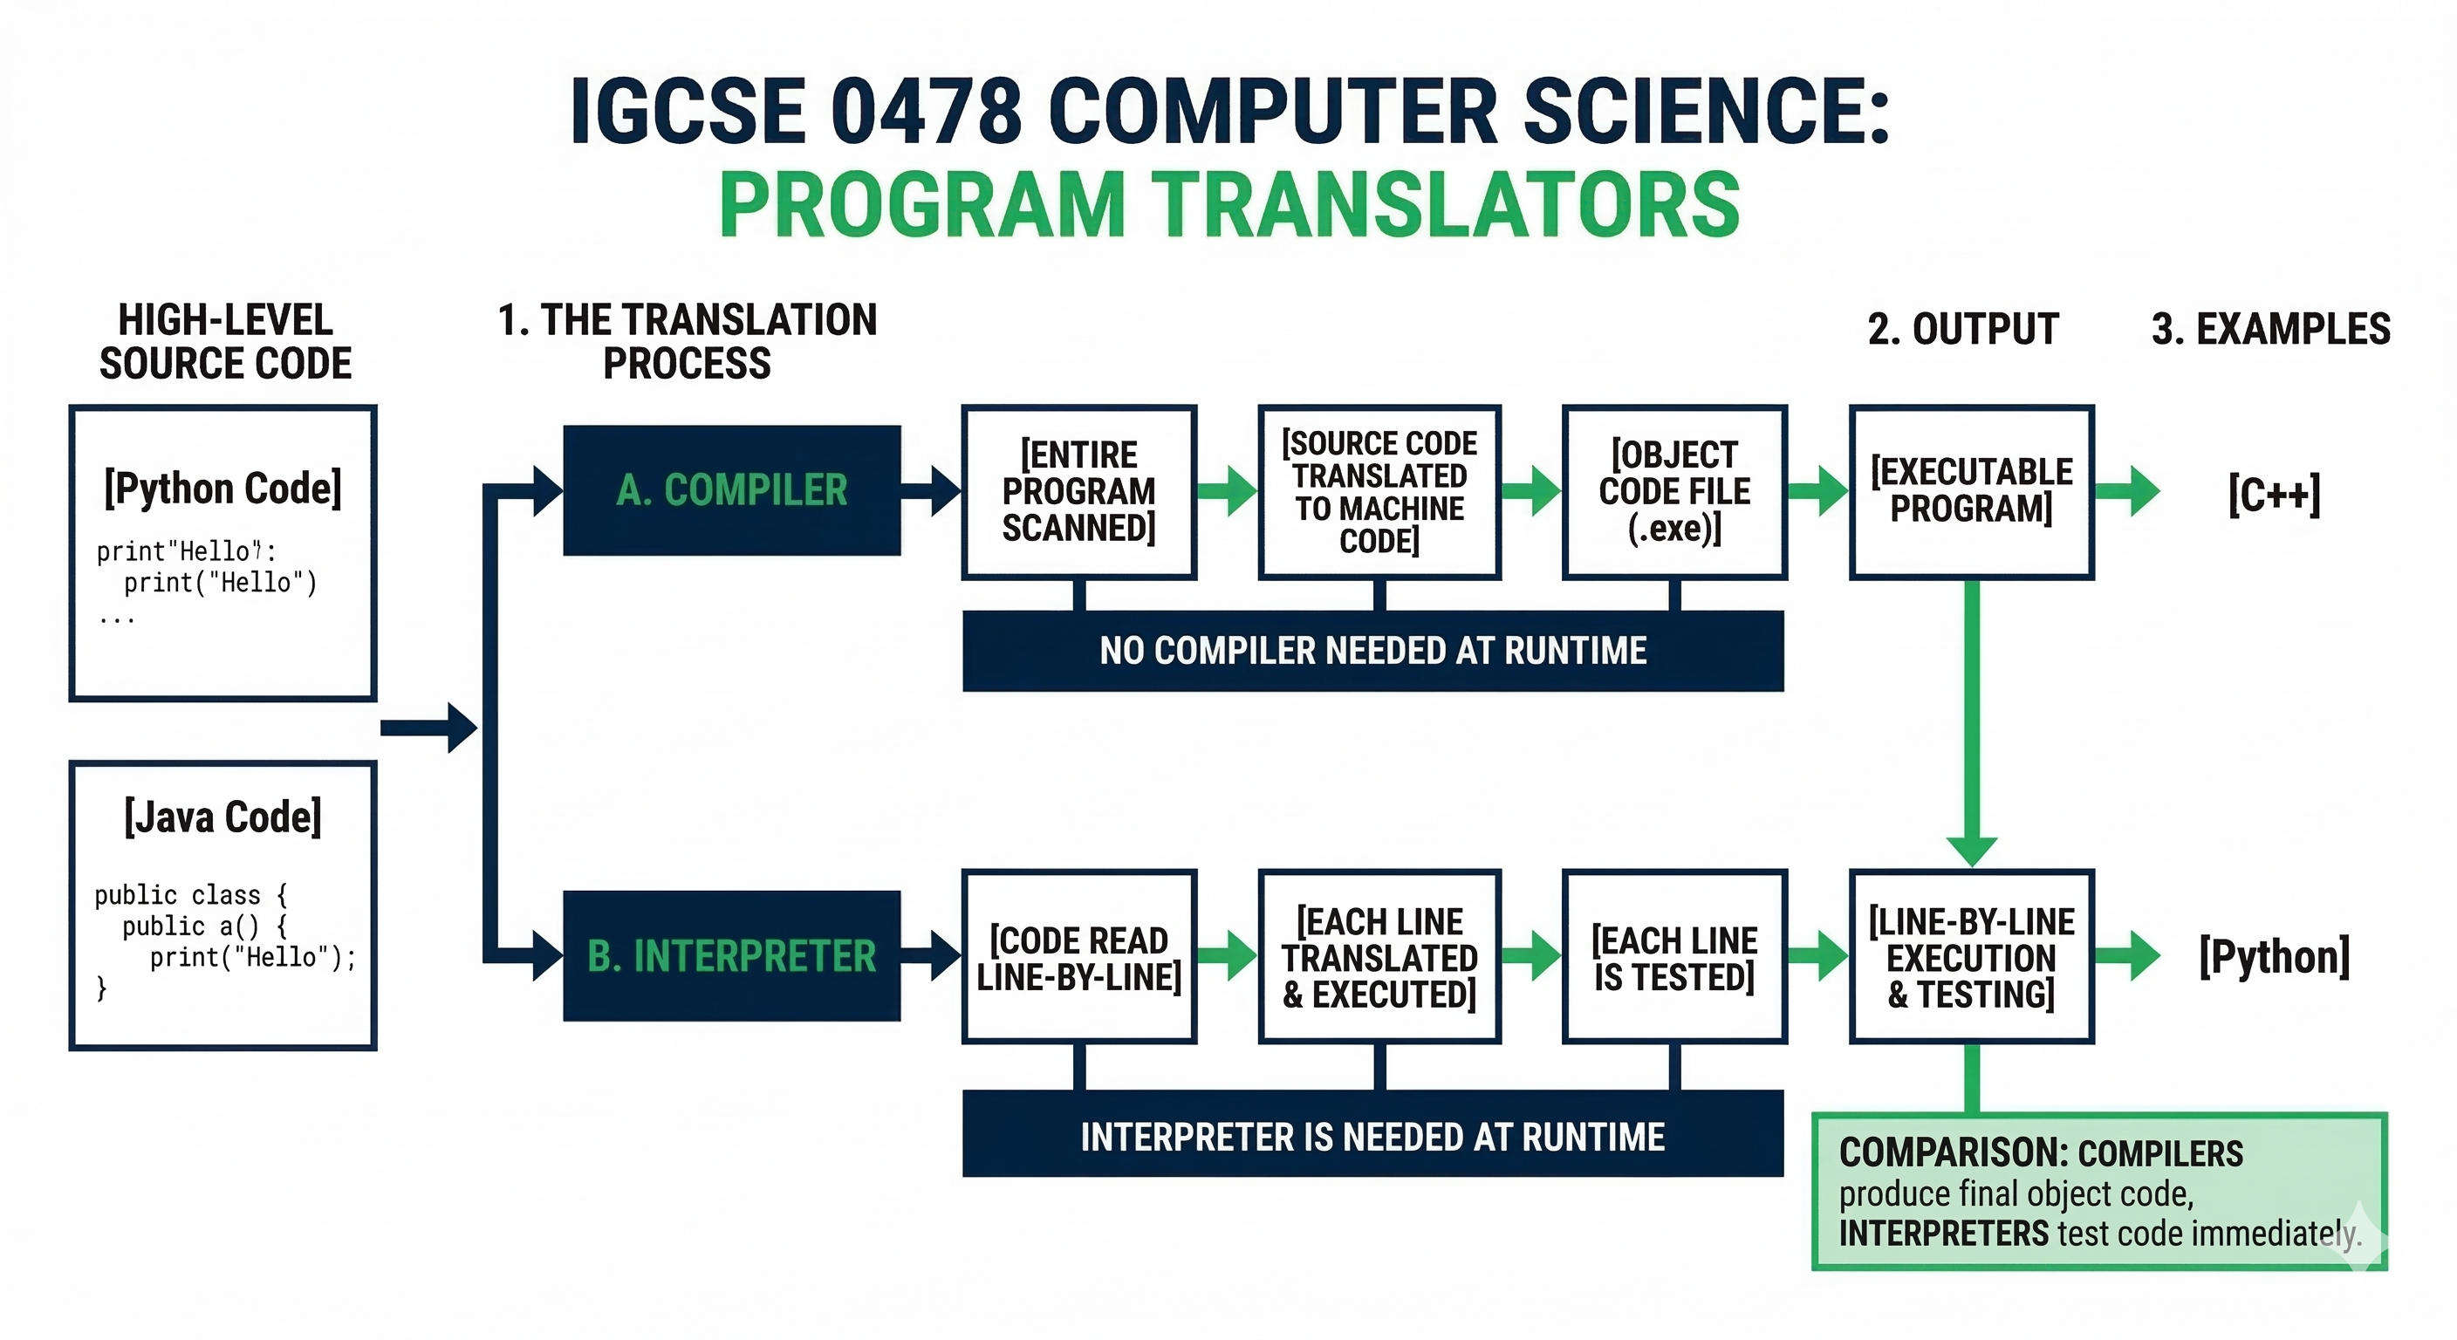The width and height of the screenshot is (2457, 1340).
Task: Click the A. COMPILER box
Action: click(731, 490)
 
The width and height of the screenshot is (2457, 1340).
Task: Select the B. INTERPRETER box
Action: click(731, 955)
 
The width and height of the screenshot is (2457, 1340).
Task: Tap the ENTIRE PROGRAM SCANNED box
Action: click(1078, 491)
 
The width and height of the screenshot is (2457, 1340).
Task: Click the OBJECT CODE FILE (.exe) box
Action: click(1674, 491)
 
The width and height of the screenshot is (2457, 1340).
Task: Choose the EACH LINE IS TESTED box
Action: click(1674, 957)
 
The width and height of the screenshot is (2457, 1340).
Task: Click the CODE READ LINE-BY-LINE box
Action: click(1078, 957)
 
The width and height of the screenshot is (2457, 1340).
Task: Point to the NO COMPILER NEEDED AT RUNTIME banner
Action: click(1372, 652)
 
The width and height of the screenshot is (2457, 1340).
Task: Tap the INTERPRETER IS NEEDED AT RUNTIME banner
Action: click(1372, 1136)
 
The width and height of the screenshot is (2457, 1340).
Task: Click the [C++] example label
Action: click(2274, 494)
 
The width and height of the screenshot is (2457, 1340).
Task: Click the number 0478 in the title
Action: click(927, 113)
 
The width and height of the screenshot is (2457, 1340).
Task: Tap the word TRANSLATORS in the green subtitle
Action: click(1450, 204)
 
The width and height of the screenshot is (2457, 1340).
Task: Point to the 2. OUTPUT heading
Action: click(1963, 329)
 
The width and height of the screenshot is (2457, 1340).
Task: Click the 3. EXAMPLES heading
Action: click(2271, 329)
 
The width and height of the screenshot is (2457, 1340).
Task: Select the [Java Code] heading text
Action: click(222, 817)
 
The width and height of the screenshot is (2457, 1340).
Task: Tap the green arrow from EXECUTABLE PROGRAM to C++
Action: click(2129, 492)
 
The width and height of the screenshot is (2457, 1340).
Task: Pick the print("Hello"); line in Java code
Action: click(252, 958)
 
